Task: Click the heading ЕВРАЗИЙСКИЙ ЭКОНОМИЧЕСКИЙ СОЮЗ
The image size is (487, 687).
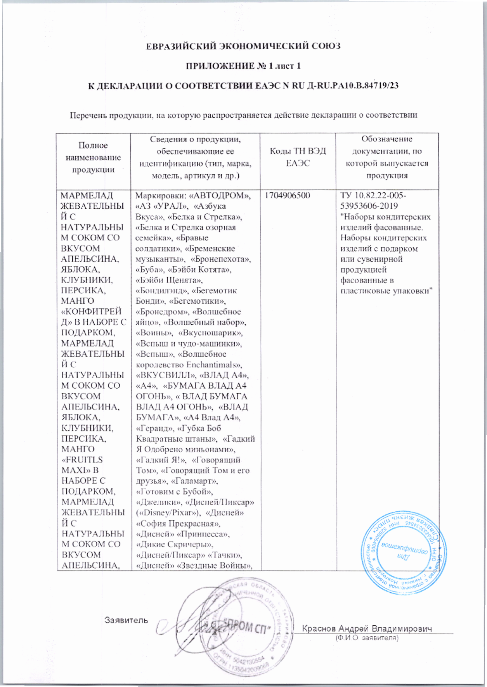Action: pos(243,47)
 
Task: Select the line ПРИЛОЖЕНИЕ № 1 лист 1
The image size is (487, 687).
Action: pos(243,66)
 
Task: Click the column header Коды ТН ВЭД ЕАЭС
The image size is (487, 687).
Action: pos(298,157)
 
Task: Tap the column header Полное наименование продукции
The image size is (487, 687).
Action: pos(93,157)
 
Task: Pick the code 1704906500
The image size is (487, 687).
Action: pos(288,196)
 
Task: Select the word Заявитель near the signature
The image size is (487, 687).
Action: pos(126,620)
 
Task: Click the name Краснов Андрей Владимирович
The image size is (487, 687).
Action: pos(367,628)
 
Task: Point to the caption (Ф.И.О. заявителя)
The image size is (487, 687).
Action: pos(367,637)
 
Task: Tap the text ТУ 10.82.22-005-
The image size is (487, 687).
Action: pos(373,196)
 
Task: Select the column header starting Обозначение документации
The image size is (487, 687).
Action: pos(387,157)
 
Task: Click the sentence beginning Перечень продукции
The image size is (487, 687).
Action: pos(243,115)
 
